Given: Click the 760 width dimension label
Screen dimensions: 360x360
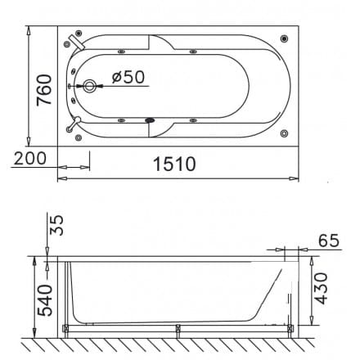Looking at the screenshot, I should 45,89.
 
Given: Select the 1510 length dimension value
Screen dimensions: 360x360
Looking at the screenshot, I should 174,164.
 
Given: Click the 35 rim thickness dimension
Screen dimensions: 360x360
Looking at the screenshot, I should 55,225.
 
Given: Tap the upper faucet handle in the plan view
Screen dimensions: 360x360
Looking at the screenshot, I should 75,41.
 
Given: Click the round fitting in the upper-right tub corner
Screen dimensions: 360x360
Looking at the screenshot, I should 284,38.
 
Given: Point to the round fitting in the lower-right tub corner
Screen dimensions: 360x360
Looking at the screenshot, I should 284,131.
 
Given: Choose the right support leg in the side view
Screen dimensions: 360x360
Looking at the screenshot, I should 290,330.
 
